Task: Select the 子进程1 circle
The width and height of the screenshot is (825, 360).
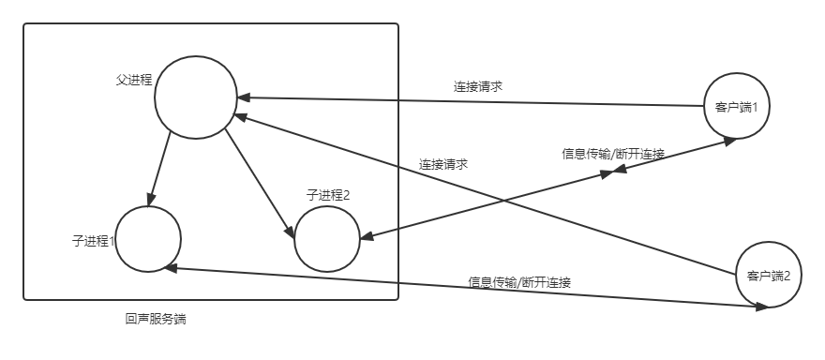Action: point(148,238)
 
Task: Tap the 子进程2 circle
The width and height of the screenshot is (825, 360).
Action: point(327,239)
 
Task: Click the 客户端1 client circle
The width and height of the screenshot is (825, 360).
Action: point(736,107)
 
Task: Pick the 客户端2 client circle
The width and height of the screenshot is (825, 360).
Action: point(768,275)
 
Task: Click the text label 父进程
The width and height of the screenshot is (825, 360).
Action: point(134,79)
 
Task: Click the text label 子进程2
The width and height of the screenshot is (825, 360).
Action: point(327,195)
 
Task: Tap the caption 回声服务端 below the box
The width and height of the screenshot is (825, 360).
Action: point(156,319)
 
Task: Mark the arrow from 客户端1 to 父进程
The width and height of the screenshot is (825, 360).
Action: point(469,101)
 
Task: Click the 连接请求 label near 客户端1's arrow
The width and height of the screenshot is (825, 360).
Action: point(477,86)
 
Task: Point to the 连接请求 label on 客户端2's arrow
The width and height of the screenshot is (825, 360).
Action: point(442,163)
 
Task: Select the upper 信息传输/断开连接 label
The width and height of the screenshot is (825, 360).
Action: point(612,154)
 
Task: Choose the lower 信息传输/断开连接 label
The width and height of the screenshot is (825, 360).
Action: point(519,281)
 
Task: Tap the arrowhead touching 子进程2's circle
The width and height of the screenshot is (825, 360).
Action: point(367,235)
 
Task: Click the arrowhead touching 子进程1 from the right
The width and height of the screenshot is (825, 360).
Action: point(170,268)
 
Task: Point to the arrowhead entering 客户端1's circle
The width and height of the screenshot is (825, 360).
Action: point(727,141)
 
